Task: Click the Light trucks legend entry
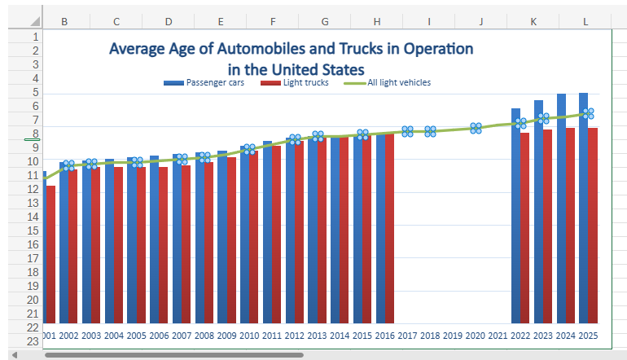(300, 82)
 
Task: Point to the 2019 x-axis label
(453, 336)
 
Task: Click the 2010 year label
(249, 336)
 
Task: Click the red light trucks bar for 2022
(525, 228)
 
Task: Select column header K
(533, 20)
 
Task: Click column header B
(64, 20)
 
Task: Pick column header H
(377, 20)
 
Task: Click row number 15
(33, 230)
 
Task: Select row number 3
(33, 64)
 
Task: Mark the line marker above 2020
(476, 129)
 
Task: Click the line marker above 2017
(408, 132)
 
